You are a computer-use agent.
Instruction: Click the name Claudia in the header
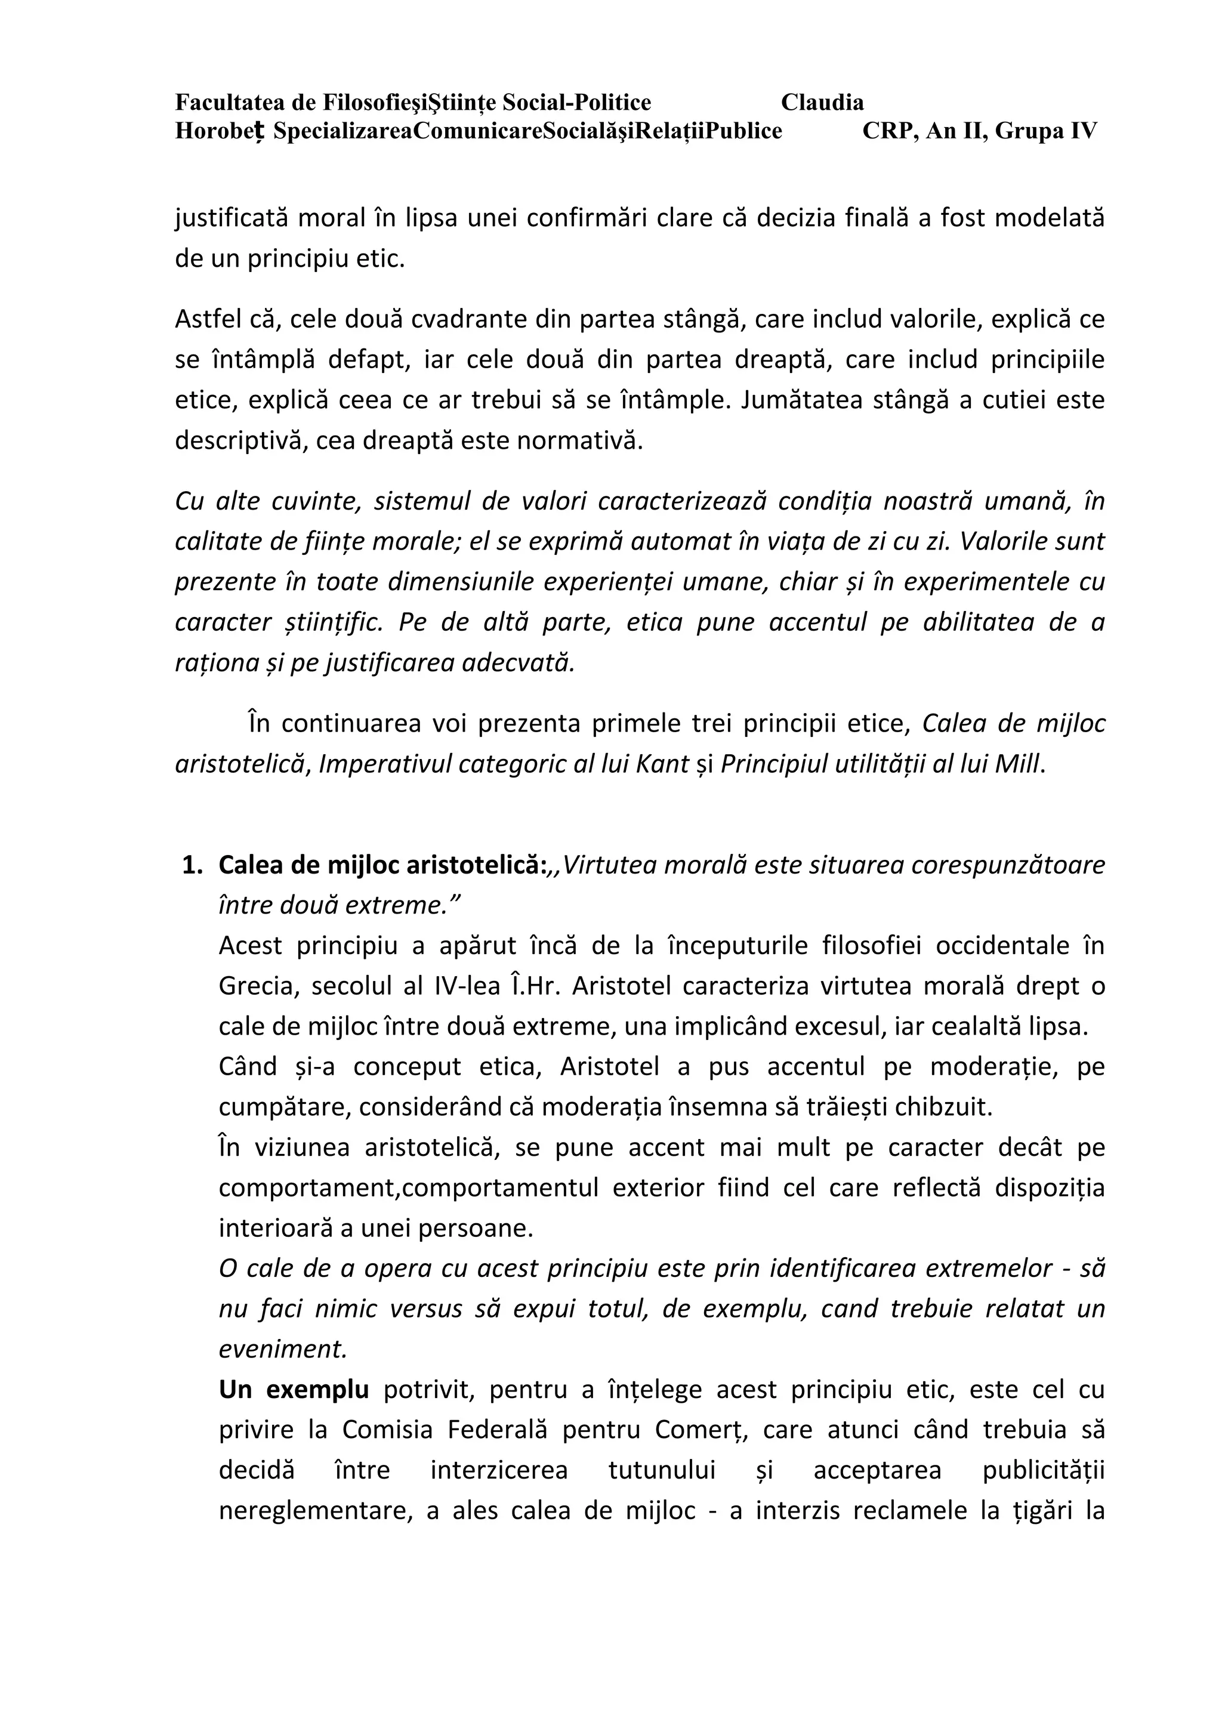pos(822,103)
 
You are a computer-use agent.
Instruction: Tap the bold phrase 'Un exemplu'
pos(294,1389)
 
